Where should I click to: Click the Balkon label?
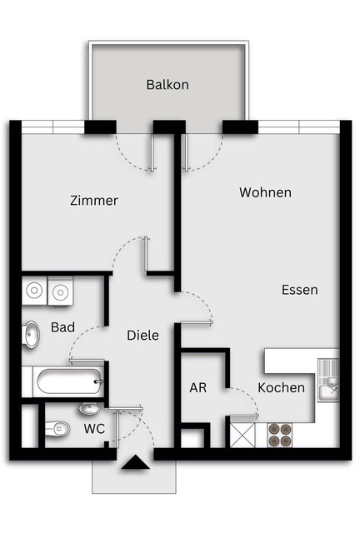167,85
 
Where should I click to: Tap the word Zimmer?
94,201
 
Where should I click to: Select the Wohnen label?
265,192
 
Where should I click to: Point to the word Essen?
299,291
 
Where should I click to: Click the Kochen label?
281,388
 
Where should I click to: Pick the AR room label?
197,388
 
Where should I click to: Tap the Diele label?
142,335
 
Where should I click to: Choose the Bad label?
62,327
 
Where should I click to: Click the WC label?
94,430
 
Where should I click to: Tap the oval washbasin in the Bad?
32,335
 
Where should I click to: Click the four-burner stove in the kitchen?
280,435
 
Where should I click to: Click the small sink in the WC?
89,409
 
